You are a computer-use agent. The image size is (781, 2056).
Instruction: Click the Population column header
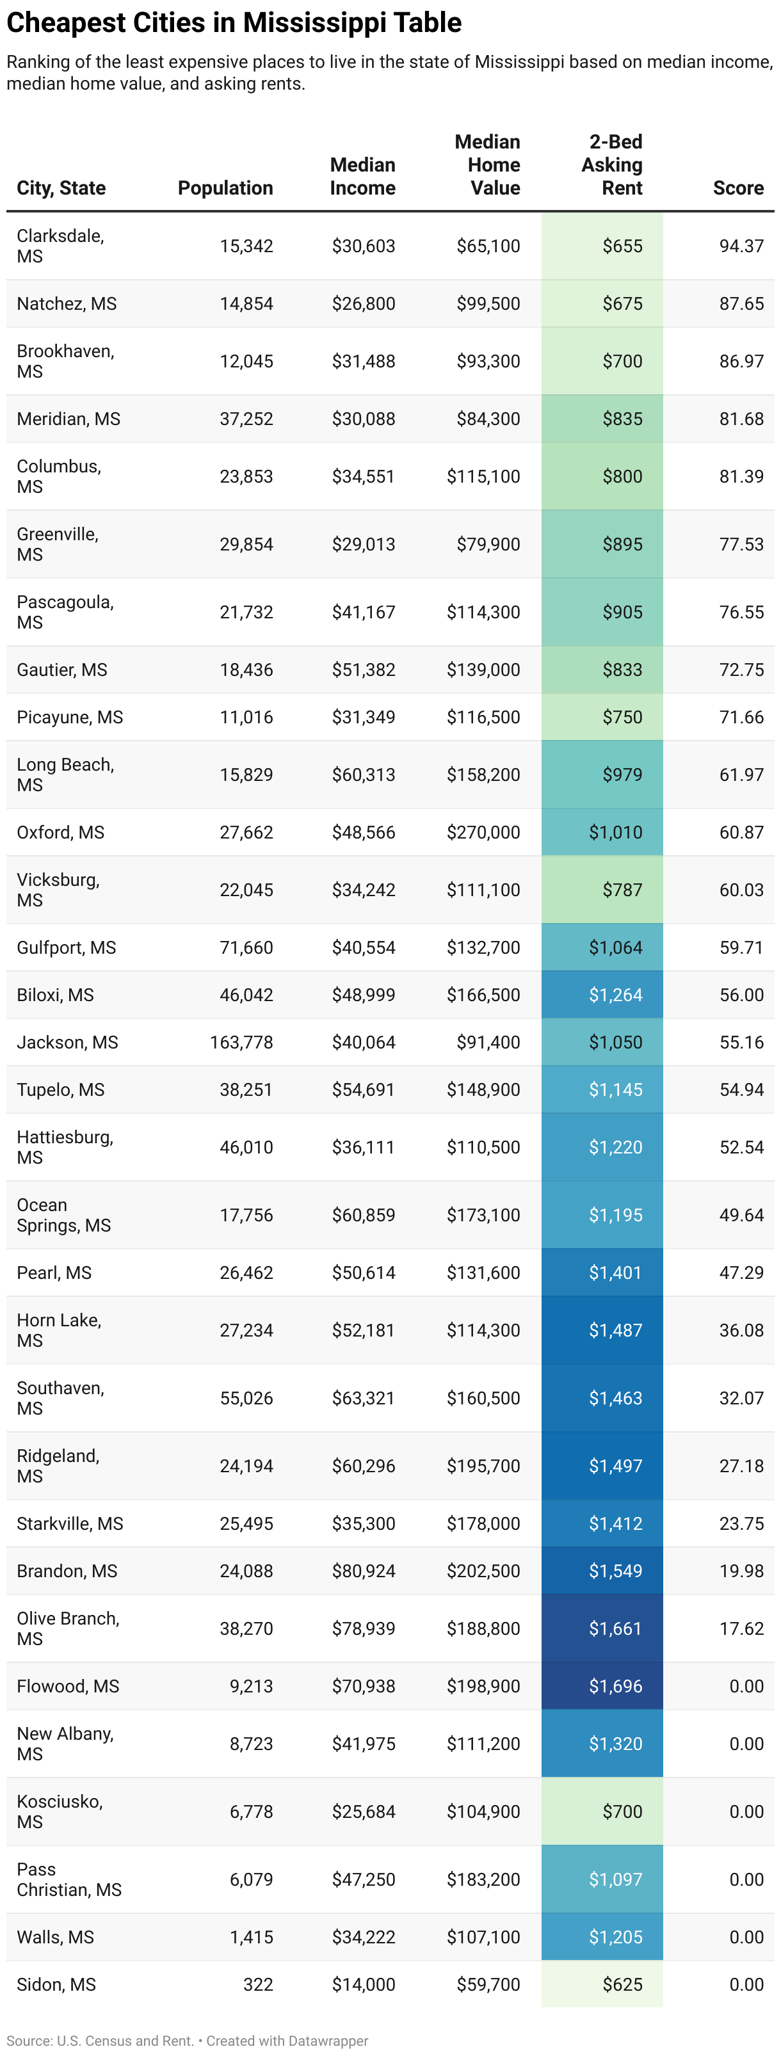225,188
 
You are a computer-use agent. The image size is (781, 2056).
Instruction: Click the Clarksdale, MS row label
60,246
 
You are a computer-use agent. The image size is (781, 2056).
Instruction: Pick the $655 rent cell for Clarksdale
622,246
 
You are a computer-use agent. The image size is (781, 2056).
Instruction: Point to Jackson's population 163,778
241,1041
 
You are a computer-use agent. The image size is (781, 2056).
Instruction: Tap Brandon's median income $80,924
364,1570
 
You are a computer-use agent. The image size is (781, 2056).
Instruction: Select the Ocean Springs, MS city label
63,1214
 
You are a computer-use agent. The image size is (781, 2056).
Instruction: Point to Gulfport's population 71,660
246,947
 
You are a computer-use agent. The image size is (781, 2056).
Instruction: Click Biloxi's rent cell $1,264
615,995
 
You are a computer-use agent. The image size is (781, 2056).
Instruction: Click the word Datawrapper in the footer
327,2040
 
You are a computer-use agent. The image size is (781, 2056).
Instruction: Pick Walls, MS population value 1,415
251,1936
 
